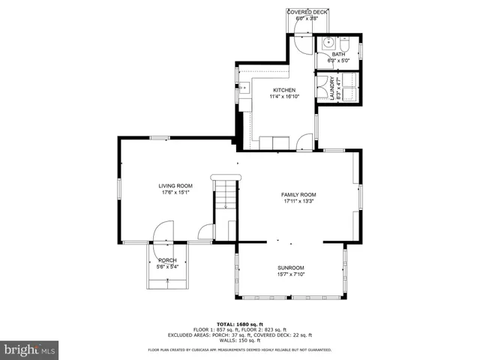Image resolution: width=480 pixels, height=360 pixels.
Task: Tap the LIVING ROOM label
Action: [x=175, y=186]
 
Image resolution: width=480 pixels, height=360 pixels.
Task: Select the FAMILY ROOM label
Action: [x=298, y=194]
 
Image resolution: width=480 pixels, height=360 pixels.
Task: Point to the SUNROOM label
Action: [x=290, y=268]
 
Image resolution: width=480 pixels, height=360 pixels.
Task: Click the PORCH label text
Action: [x=167, y=259]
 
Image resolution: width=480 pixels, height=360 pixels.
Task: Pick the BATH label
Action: [x=338, y=54]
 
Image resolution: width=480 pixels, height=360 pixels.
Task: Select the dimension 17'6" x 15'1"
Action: [x=175, y=193]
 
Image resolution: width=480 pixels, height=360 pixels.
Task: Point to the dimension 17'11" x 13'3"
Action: [x=298, y=201]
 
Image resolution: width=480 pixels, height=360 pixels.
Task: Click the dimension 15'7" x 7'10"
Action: [x=290, y=274]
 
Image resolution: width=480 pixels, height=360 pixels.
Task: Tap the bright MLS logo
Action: [x=29, y=349]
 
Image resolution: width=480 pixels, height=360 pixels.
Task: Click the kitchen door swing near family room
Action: [x=305, y=140]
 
